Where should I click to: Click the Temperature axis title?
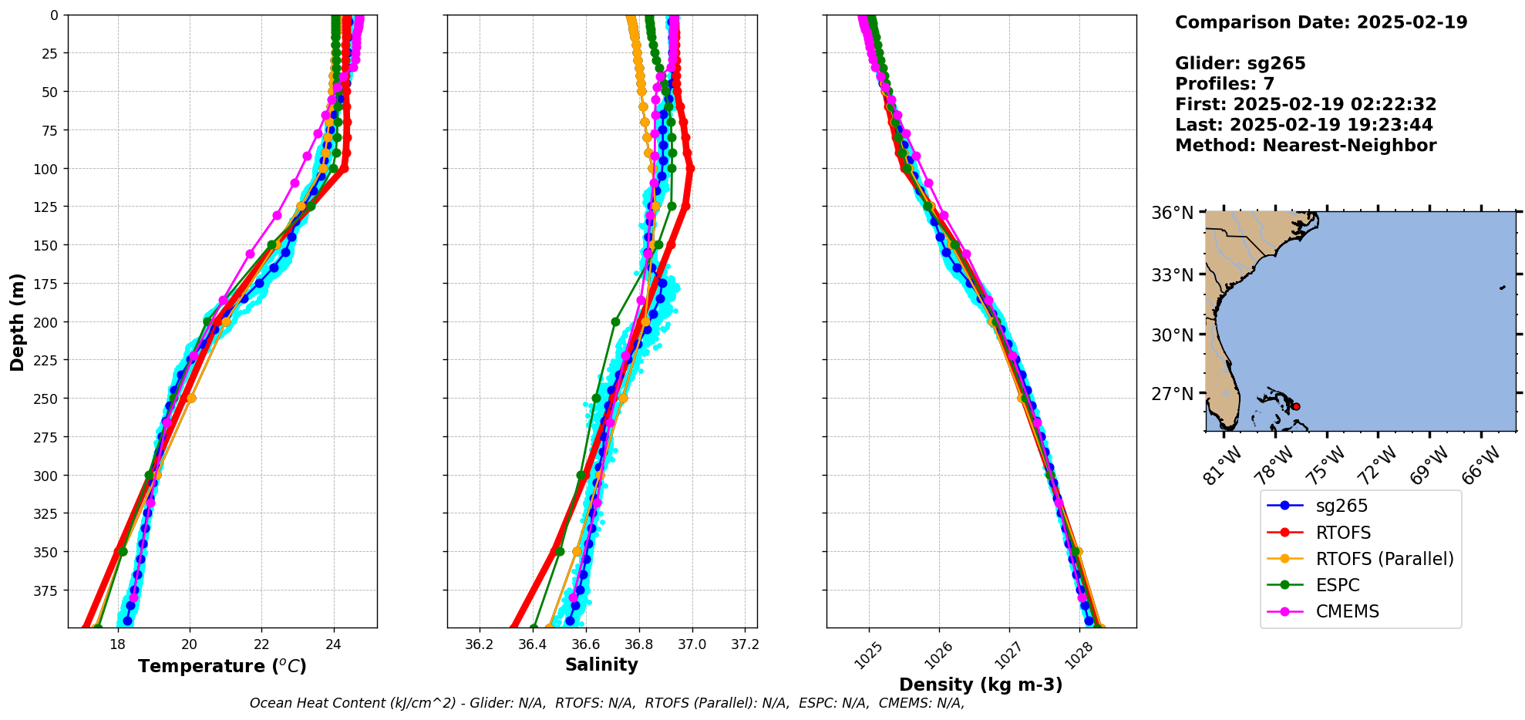(x=222, y=666)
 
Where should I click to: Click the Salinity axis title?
(x=601, y=665)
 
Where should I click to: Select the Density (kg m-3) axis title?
(x=981, y=685)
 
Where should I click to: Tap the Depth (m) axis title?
(x=17, y=321)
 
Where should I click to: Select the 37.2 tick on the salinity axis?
(x=744, y=644)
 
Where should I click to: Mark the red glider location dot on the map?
(x=1296, y=406)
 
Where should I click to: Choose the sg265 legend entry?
(x=1342, y=506)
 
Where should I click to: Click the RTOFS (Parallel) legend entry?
(x=1384, y=559)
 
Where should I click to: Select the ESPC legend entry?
(x=1338, y=585)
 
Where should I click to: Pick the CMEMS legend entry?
(x=1347, y=611)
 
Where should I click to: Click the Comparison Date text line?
(x=1321, y=22)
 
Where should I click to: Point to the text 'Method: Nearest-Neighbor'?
(x=1305, y=146)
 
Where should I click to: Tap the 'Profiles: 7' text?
(x=1224, y=84)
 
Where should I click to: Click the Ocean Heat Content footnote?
(x=607, y=703)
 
